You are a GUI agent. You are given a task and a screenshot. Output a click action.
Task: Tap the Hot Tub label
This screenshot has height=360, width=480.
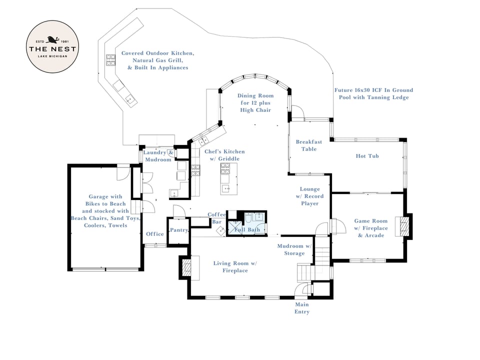pyautogui.click(x=367, y=156)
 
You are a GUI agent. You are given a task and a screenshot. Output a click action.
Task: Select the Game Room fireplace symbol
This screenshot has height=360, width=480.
pyautogui.click(x=401, y=226)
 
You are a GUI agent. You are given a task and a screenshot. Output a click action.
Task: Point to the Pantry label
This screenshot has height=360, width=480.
pyautogui.click(x=179, y=230)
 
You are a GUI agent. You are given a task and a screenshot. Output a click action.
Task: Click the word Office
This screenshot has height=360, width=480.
pyautogui.click(x=155, y=234)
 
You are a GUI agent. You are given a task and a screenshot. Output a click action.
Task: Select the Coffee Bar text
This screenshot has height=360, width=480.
pyautogui.click(x=217, y=218)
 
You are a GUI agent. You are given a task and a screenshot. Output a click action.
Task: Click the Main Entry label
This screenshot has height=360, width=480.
pyautogui.click(x=301, y=308)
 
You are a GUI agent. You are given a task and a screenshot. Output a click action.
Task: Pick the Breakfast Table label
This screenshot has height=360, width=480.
pyautogui.click(x=308, y=145)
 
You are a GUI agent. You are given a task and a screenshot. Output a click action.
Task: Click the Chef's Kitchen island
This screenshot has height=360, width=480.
pyautogui.click(x=226, y=179)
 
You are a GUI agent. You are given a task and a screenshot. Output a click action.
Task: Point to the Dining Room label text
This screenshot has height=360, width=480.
pyautogui.click(x=255, y=102)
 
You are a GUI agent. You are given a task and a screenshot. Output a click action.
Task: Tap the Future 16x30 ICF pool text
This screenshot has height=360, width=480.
pyautogui.click(x=373, y=93)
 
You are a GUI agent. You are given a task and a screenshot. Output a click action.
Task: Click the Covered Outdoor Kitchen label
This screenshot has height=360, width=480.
pyautogui.click(x=157, y=60)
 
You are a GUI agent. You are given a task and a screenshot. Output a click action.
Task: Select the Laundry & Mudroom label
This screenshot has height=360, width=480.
pyautogui.click(x=158, y=156)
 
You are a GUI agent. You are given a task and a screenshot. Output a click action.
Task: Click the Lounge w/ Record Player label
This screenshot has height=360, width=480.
pyautogui.click(x=309, y=196)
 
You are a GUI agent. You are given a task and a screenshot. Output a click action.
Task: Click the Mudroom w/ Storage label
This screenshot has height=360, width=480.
pyautogui.click(x=294, y=249)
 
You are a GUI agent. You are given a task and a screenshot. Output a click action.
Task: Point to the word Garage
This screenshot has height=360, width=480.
pyautogui.click(x=99, y=196)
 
